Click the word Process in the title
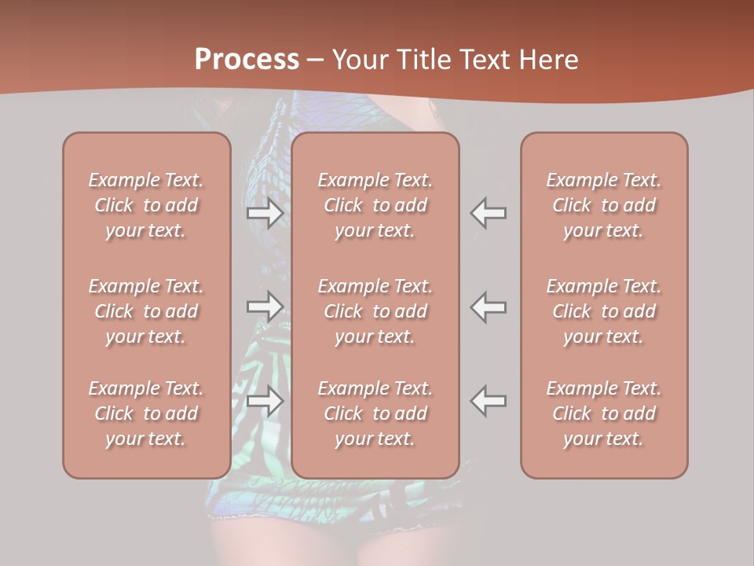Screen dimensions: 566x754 247,60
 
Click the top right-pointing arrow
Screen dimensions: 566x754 265,213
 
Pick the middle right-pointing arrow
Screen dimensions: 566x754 265,306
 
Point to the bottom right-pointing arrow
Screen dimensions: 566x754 265,401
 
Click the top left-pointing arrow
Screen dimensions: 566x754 489,213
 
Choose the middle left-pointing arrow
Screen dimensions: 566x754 489,306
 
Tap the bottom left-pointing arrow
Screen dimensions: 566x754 489,401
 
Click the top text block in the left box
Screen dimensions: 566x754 146,205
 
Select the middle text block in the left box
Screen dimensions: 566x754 146,311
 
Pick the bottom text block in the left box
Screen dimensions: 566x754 146,413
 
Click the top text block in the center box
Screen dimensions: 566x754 375,205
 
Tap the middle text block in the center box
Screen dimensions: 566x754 375,311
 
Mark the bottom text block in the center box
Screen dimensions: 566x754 375,413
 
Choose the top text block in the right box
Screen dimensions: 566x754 604,205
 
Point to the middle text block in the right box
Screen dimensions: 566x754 604,311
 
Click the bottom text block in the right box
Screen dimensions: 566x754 604,413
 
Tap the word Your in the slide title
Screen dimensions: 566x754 360,60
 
